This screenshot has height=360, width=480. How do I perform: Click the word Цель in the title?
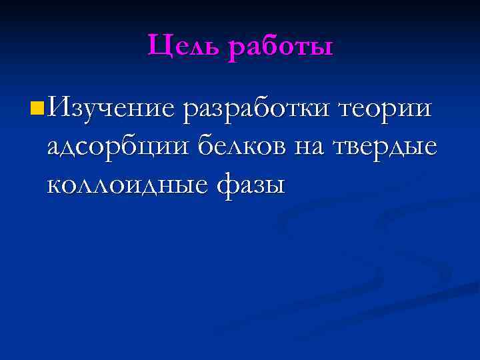click(x=184, y=47)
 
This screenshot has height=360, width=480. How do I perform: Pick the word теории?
click(x=387, y=107)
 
